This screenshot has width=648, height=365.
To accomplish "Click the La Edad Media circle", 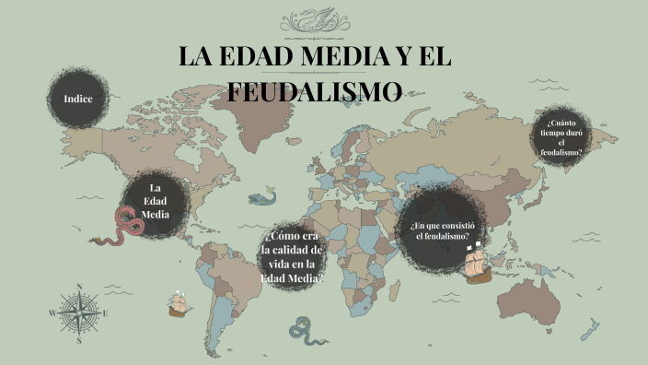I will pos(156,201).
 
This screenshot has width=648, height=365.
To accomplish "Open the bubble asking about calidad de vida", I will pos(292,253).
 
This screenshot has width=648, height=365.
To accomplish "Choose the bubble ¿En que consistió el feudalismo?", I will pos(441,230).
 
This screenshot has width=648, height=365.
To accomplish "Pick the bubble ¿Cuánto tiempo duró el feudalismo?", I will pos(562,137).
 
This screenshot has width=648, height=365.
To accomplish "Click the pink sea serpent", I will pos(124,225).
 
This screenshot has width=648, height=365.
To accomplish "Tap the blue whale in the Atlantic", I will pos(267,194).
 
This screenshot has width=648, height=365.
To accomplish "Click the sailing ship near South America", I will pos(179,303).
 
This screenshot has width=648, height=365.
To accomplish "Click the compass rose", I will pos(79,312).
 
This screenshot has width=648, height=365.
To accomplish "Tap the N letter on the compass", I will pos(79,287).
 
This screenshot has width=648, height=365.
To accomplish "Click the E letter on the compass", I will pos(106,313).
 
